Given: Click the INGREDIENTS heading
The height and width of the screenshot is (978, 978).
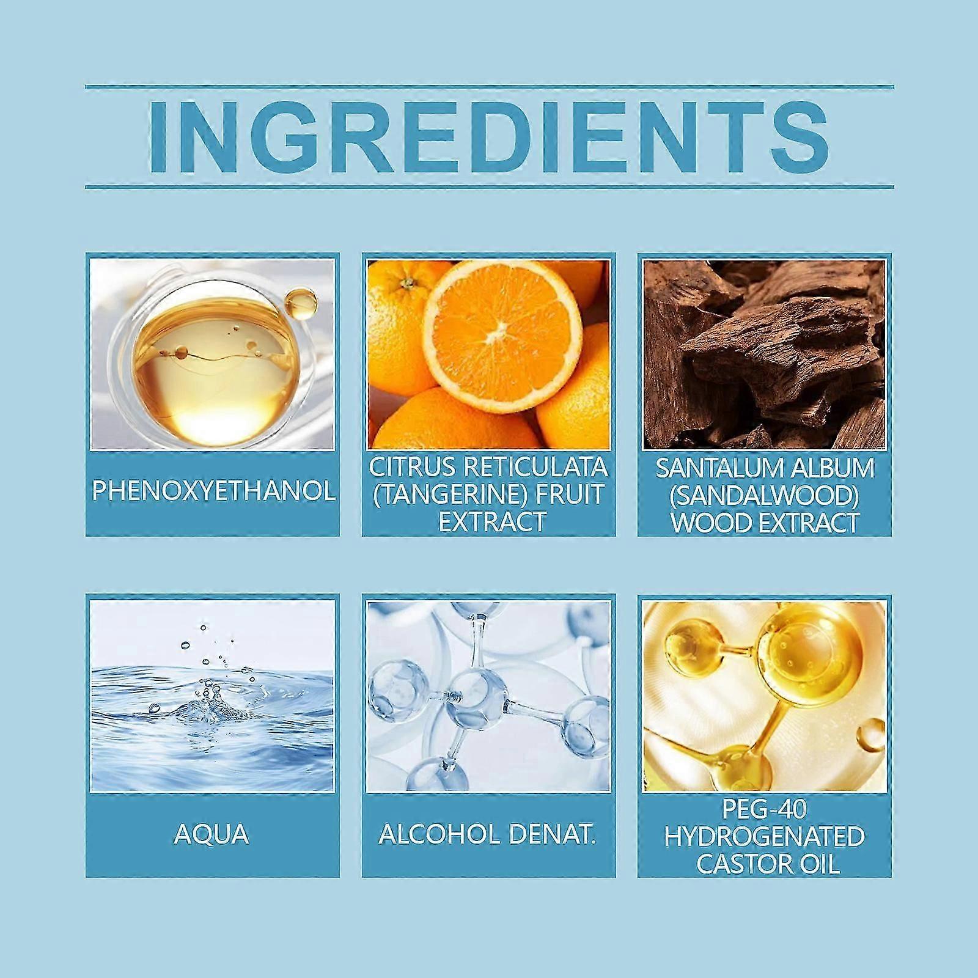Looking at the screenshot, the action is [x=489, y=136].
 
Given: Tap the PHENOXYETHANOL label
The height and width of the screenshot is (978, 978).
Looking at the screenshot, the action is [x=213, y=491].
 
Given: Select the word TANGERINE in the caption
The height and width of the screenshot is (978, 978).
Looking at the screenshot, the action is [x=449, y=495].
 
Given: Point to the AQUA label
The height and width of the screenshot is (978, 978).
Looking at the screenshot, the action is [x=211, y=834].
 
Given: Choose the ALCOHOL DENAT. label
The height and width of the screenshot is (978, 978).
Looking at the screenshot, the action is [x=487, y=834].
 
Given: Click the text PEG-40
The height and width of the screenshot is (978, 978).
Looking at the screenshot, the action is [x=765, y=809].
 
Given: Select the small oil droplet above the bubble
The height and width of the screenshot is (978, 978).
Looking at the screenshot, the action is [x=300, y=302].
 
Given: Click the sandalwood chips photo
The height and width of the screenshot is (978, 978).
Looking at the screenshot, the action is [x=765, y=355].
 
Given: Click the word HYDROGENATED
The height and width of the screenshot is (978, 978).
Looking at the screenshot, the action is [x=765, y=837].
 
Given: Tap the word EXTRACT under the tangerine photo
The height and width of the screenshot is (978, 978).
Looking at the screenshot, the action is [x=491, y=522].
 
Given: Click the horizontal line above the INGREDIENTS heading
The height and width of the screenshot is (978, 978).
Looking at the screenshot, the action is [x=489, y=87].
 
